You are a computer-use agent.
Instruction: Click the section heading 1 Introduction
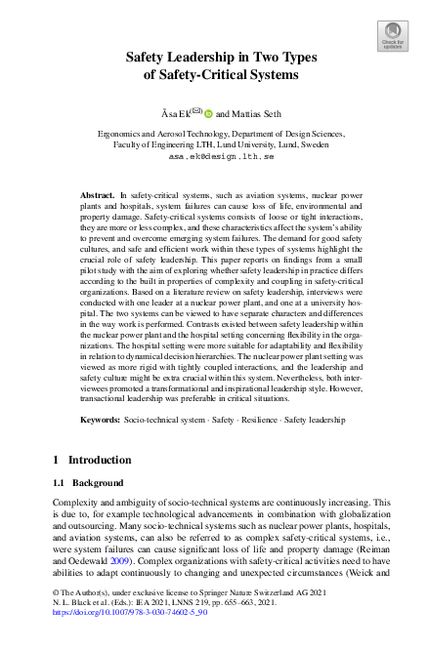pos(93,460)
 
